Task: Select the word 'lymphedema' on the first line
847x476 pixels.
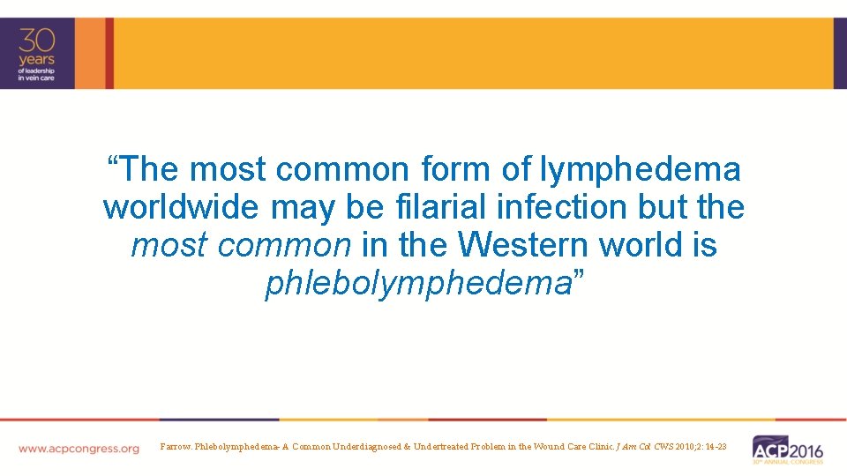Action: coord(641,168)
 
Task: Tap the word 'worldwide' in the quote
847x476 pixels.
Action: coord(181,207)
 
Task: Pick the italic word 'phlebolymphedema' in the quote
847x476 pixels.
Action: coord(418,284)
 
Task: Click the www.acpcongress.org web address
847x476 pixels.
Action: coord(79,449)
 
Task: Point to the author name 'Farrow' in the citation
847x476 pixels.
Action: coord(176,447)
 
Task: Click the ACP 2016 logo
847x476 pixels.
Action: coord(787,448)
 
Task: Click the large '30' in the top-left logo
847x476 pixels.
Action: coord(37,41)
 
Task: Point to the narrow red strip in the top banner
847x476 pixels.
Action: coord(109,53)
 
